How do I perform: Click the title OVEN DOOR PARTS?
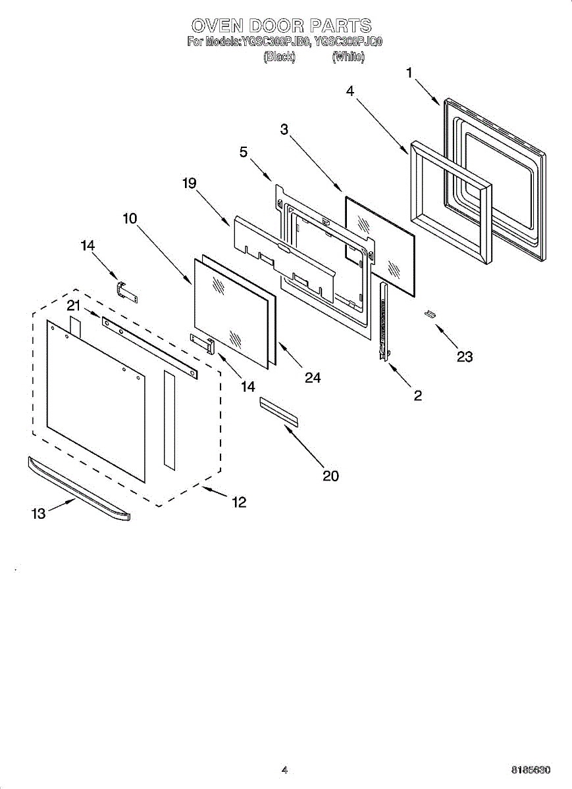coord(282,26)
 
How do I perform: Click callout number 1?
coord(409,73)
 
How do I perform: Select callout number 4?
coord(350,92)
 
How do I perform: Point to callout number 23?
coord(465,357)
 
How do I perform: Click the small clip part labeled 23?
coord(430,314)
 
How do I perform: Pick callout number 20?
coord(330,475)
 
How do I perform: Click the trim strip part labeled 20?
coord(279,412)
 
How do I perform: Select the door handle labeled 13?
coord(79,490)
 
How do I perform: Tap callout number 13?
coord(39,514)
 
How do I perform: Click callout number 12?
coord(238,502)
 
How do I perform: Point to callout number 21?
coord(73,305)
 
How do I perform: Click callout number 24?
coord(313,377)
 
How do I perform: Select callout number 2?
coord(417,396)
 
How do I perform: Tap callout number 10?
coord(130,218)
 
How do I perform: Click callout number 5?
coord(244,153)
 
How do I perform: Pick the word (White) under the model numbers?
coord(348,57)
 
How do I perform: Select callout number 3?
coord(284,130)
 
